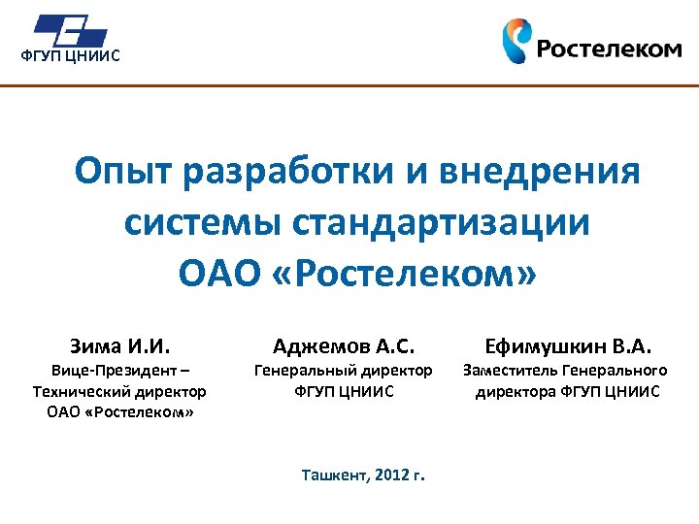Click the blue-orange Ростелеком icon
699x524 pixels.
[516, 41]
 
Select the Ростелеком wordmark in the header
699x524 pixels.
[609, 49]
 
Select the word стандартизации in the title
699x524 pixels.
[441, 223]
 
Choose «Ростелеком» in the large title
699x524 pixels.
[408, 274]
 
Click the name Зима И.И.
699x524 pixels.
[119, 345]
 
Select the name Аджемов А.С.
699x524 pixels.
[344, 345]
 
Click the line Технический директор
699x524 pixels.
[119, 391]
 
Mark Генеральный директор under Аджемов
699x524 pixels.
[344, 371]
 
